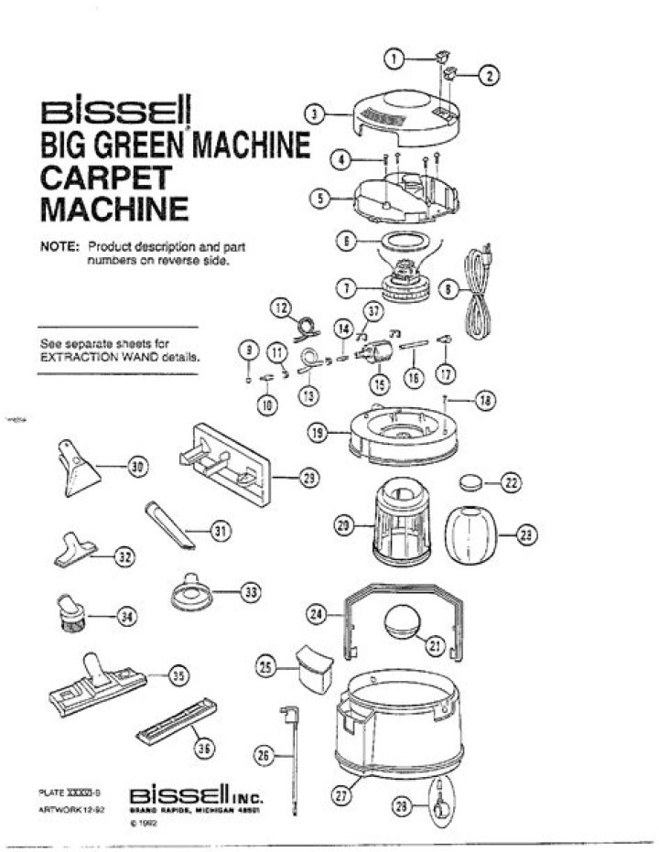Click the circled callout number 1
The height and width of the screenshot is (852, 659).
tap(395, 58)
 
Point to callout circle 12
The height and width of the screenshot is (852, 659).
tap(279, 307)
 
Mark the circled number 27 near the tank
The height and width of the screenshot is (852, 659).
tap(340, 795)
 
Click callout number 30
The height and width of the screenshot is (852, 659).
tap(137, 468)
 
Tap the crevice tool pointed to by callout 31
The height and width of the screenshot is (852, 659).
tap(170, 524)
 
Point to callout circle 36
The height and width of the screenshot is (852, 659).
tap(204, 748)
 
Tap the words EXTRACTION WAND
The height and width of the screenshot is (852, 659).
tap(95, 358)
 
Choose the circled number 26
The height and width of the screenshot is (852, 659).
tap(265, 756)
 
